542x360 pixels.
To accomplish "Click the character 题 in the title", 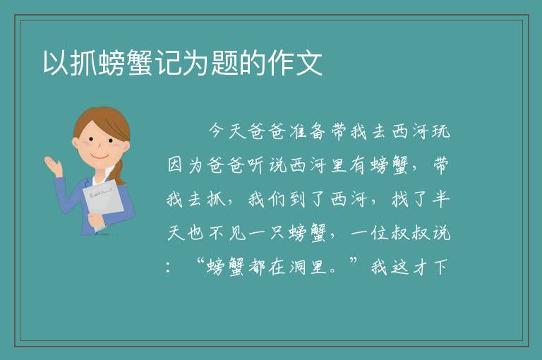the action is tap(224, 63).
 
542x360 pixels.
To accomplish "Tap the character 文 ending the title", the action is tap(308, 63).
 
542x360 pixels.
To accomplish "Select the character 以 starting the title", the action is tap(56, 63).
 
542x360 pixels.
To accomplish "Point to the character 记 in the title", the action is tap(169, 63).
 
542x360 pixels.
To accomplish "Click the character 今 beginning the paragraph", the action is tap(217, 131).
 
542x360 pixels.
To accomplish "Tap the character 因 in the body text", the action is tap(176, 164).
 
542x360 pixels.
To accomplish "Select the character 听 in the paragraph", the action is tap(257, 164).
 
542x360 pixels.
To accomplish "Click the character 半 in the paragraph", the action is tap(440, 198).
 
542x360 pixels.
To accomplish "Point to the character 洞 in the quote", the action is tap(298, 267).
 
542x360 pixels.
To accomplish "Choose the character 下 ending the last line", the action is tap(440, 267).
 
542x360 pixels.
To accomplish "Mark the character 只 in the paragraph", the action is tap(277, 232).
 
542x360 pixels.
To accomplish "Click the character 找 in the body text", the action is tap(400, 198).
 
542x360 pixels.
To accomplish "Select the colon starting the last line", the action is tap(169, 268).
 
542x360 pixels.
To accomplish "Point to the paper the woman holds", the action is tap(103, 201).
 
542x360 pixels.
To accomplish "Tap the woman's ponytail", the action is tap(119, 172).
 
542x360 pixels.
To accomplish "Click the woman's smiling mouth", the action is tap(100, 157).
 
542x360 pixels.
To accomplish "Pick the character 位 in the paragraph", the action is tap(380, 232).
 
